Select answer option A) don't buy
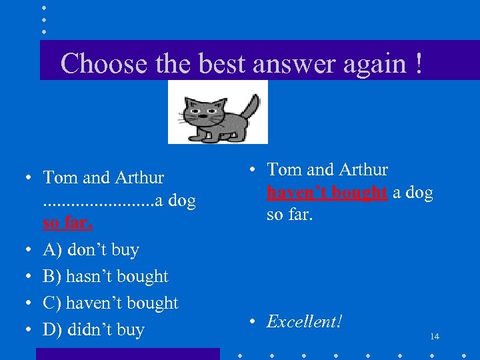pos(91,250)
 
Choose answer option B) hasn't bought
pos(105,277)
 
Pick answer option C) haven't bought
pos(111,303)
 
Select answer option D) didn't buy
pos(93,330)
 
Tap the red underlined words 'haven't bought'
pos(327,193)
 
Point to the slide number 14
pos(435,337)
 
